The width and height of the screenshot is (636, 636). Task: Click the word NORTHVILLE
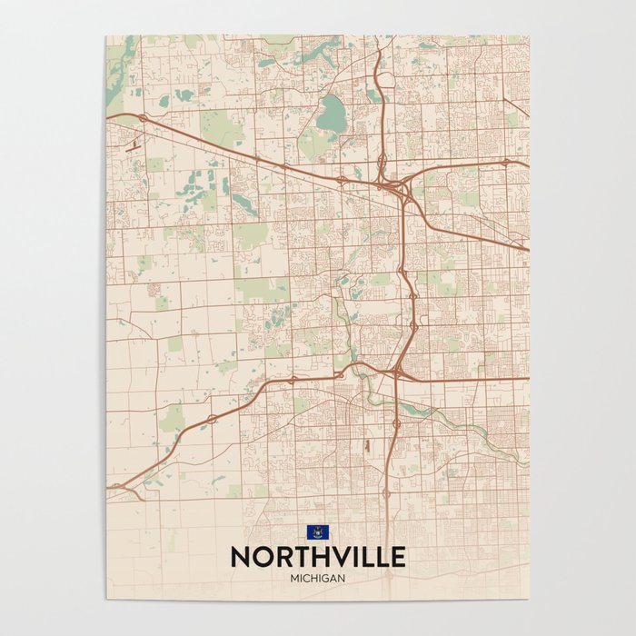click(x=317, y=555)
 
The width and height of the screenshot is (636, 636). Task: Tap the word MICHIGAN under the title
click(x=317, y=576)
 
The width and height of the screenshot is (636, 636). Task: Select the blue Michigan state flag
click(x=317, y=532)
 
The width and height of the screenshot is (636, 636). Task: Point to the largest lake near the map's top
click(x=332, y=114)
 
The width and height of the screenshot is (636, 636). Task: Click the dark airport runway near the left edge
click(x=134, y=143)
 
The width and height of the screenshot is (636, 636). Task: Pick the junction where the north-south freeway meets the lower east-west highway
click(x=398, y=372)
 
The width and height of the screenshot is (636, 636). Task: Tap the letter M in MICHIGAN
click(x=294, y=576)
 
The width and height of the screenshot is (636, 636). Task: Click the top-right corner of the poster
click(x=529, y=36)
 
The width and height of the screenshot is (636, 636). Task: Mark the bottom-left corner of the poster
click(x=106, y=598)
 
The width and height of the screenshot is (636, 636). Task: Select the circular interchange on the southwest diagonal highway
click(x=211, y=419)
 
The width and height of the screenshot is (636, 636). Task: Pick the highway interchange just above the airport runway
click(x=142, y=118)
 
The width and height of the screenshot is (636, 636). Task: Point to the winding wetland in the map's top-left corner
click(x=118, y=68)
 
